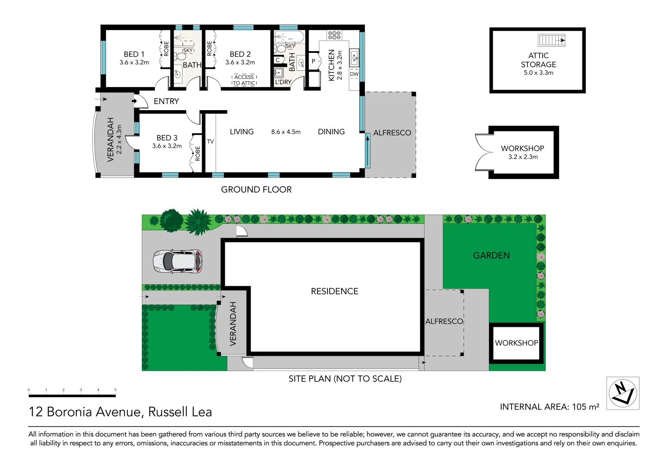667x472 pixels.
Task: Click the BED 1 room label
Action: (134, 54)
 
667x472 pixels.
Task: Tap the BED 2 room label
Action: (240, 54)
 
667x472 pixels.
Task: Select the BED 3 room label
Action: (167, 138)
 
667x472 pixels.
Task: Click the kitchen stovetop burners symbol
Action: (334, 35)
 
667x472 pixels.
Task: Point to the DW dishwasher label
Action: (354, 74)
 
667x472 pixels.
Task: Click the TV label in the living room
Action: (210, 142)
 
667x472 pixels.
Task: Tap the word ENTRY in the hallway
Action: (166, 101)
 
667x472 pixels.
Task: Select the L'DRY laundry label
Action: (283, 82)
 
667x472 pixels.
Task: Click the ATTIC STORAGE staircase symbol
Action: (552, 40)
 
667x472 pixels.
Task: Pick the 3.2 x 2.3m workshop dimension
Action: (523, 157)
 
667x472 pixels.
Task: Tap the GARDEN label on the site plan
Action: (491, 256)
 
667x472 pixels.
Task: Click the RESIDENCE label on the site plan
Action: (334, 292)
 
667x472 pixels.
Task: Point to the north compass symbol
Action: (622, 393)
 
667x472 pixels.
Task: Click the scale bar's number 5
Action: (115, 390)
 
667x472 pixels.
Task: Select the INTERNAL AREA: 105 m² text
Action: (549, 407)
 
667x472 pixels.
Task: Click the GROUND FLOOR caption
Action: (256, 190)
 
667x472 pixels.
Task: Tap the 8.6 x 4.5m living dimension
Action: (286, 132)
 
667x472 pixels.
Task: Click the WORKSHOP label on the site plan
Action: (516, 343)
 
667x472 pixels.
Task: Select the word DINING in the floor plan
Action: (331, 132)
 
